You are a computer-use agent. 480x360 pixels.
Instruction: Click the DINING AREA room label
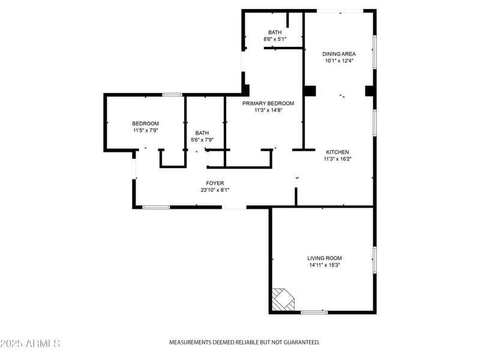339,54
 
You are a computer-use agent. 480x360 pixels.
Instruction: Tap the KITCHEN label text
337,152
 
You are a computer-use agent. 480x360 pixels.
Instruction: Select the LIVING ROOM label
325,258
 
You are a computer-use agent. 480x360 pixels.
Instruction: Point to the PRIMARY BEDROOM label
268,103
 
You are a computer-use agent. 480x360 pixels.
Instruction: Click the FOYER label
215,183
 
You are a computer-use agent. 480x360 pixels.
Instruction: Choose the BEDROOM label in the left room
146,124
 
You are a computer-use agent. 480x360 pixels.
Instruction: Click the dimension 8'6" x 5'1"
275,40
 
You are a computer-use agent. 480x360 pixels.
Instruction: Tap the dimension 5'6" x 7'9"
202,140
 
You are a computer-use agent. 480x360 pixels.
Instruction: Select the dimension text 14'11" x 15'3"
325,265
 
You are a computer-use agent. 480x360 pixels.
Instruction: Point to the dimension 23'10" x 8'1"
215,190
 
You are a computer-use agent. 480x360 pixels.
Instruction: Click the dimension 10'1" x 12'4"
339,61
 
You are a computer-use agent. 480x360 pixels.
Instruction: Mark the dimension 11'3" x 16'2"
337,159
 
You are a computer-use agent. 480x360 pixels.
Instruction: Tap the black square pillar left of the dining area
310,91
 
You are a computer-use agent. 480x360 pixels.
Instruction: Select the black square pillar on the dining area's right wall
370,91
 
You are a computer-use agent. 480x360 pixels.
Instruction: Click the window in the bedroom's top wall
173,95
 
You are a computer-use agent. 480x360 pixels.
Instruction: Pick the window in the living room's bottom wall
314,312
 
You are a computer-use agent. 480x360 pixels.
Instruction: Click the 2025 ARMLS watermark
30,344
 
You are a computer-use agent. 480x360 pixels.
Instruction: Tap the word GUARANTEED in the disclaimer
298,342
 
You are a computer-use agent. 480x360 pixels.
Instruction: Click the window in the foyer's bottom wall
156,208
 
